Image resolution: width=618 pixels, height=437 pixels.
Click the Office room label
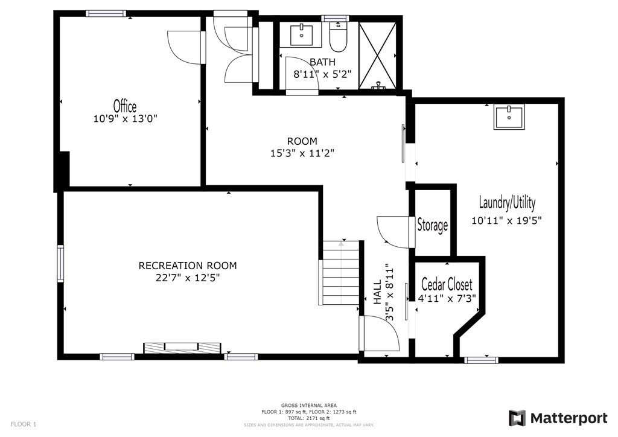click(125, 106)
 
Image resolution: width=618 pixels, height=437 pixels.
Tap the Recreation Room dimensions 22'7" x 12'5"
click(188, 278)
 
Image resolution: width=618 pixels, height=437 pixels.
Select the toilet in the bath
click(338, 37)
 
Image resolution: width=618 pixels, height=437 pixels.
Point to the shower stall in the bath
click(378, 55)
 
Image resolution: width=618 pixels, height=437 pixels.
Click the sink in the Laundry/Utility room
click(509, 118)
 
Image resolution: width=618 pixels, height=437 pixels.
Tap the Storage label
click(432, 225)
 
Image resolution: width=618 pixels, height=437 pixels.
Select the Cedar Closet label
click(447, 284)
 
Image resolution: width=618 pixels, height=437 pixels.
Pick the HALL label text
click(378, 292)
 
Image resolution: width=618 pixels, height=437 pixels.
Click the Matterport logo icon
click(517, 418)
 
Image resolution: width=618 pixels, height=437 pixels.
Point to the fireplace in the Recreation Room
click(182, 348)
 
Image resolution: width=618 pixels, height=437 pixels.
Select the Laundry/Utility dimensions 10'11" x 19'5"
click(506, 220)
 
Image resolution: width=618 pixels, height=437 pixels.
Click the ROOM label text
click(302, 141)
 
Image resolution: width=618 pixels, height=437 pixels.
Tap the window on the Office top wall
click(106, 13)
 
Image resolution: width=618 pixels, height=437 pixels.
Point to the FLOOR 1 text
click(24, 424)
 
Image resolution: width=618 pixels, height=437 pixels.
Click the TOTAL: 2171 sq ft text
click(308, 418)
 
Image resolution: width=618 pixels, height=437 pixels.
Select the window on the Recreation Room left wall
click(60, 263)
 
